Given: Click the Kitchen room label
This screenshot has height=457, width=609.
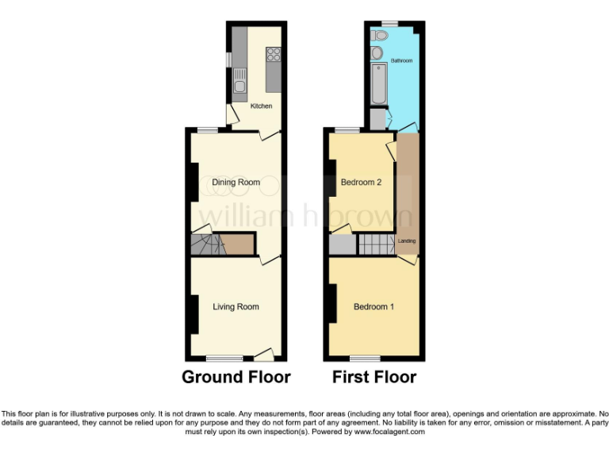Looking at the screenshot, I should pos(261,106).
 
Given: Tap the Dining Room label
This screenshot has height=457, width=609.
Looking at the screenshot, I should pos(236,182).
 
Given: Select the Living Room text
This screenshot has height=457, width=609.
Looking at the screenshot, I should pos(236,306).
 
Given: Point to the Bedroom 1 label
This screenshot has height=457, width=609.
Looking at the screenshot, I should pos(373,307).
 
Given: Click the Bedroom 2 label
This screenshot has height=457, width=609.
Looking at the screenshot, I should pos(361,182).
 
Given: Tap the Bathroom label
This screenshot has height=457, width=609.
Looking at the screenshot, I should pos(401,60).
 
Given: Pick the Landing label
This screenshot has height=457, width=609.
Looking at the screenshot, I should pos(407,240).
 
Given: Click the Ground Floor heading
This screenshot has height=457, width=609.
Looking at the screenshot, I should pos(236,377).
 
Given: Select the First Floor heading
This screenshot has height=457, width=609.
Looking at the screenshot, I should pos(374,377).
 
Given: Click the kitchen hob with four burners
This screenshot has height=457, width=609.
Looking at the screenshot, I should pos(274,55).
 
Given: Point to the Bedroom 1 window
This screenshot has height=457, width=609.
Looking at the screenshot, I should pos(365,357).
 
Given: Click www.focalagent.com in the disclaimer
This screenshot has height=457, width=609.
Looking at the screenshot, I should pos(389,432).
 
